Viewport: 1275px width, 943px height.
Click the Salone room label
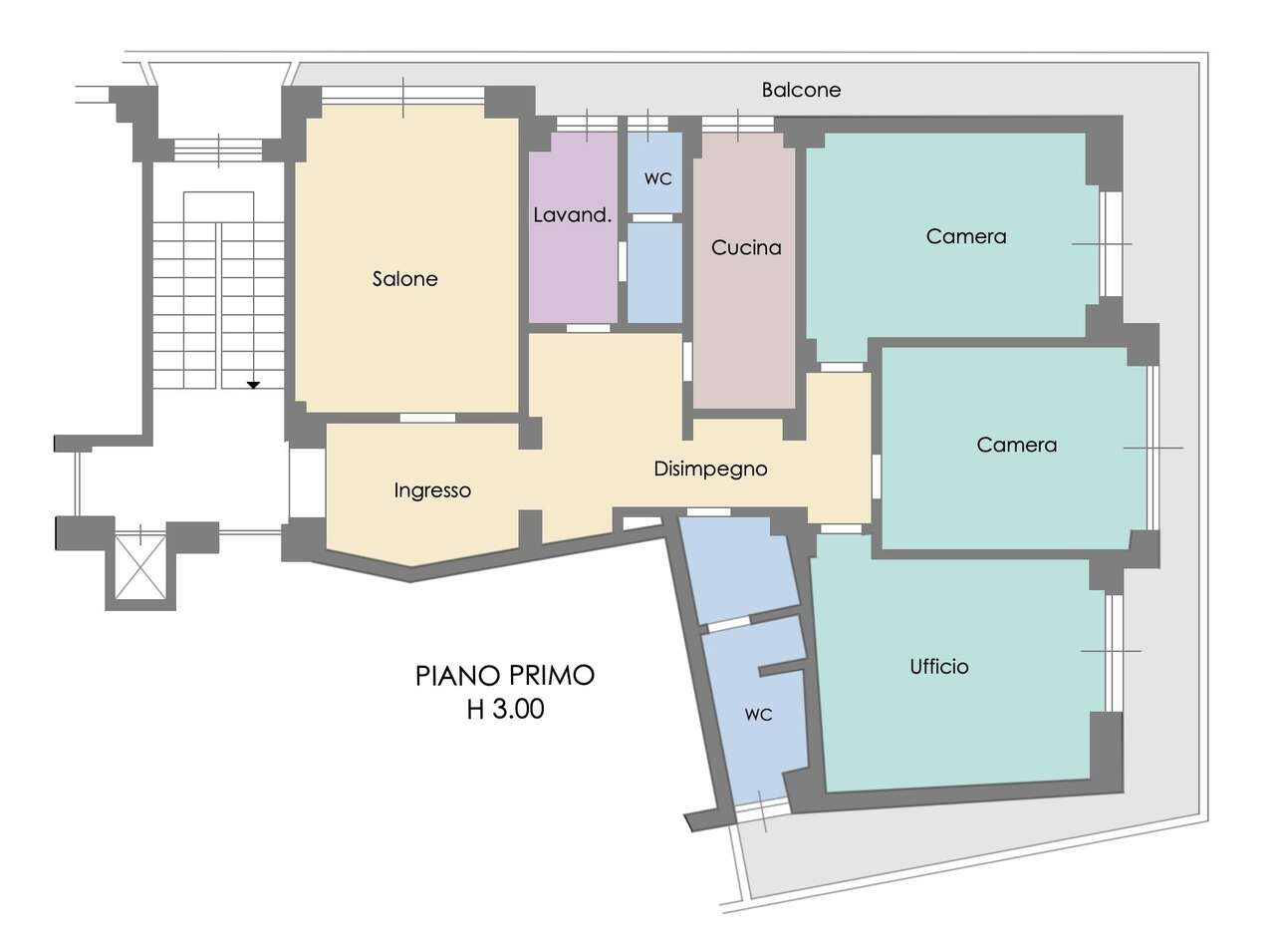pyautogui.click(x=404, y=279)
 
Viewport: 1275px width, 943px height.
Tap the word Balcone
pyautogui.click(x=801, y=90)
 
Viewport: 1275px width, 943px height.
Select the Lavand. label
pyautogui.click(x=572, y=215)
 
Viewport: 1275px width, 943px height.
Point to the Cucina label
pyautogui.click(x=746, y=247)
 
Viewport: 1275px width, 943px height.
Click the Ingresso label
pyautogui.click(x=432, y=490)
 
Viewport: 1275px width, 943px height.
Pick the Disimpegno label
pyautogui.click(x=710, y=469)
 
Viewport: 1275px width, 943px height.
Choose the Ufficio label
pyautogui.click(x=938, y=667)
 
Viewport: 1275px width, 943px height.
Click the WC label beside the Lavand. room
pyautogui.click(x=657, y=179)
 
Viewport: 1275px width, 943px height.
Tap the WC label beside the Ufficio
pyautogui.click(x=758, y=715)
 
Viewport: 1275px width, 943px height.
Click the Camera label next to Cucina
pyautogui.click(x=966, y=236)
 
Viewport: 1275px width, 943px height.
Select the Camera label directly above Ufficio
pyautogui.click(x=1016, y=445)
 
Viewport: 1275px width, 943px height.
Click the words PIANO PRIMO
pyautogui.click(x=505, y=676)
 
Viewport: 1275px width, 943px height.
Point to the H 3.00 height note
pyautogui.click(x=505, y=710)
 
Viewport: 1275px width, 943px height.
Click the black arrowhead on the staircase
pyautogui.click(x=253, y=385)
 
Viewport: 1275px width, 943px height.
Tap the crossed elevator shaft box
pyautogui.click(x=140, y=567)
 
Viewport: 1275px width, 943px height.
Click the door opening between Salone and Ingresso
pyautogui.click(x=427, y=418)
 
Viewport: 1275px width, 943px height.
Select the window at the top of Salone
pyautogui.click(x=402, y=96)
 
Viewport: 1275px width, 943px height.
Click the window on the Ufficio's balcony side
pyautogui.click(x=1114, y=653)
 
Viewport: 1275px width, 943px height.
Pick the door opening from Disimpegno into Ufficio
pyautogui.click(x=841, y=528)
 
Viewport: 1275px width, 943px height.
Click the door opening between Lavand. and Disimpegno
pyautogui.click(x=588, y=328)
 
